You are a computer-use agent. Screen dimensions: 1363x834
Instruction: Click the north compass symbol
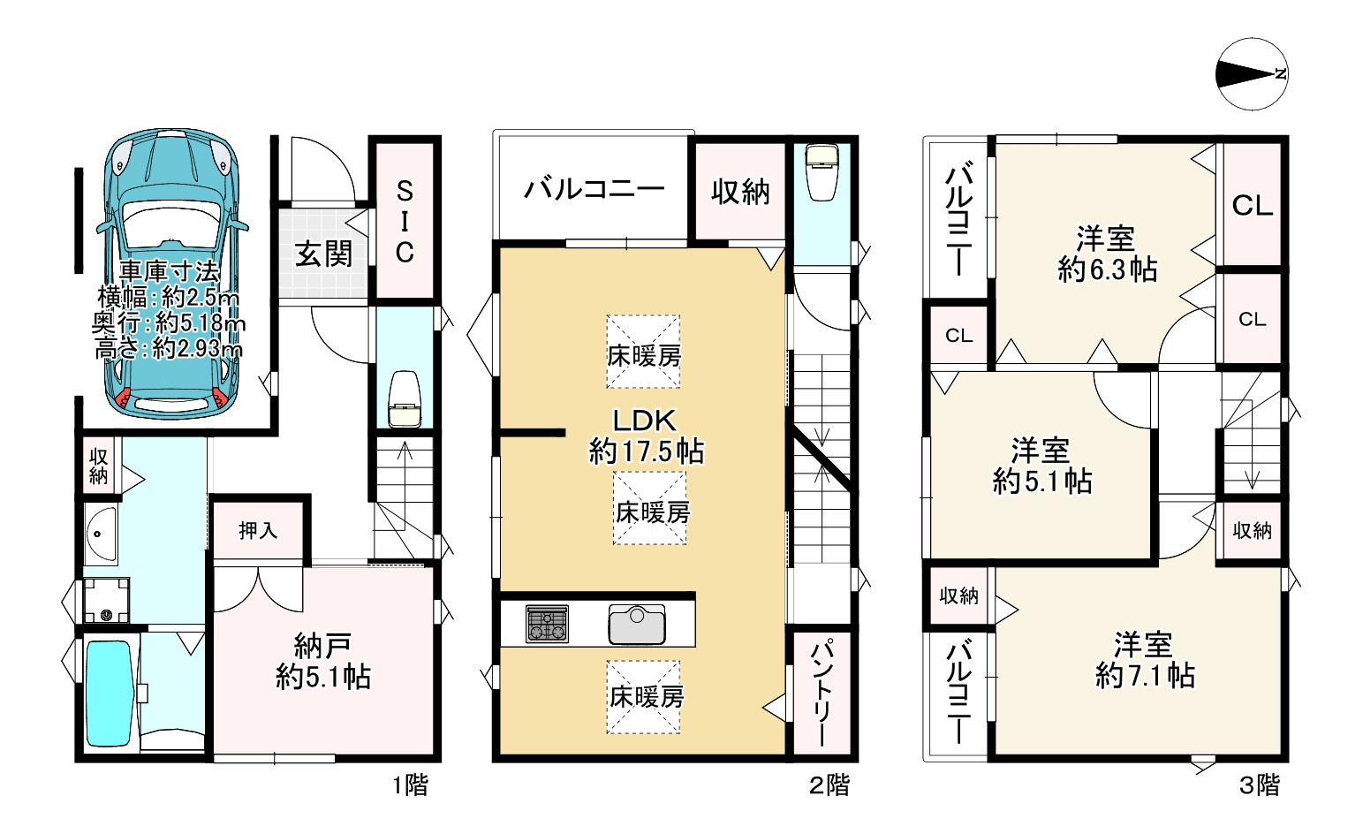tap(1252, 74)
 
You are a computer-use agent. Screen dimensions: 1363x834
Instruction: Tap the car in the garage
tap(171, 273)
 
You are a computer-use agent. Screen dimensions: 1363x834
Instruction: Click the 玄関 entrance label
tap(323, 254)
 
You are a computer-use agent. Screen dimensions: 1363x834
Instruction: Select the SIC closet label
tap(405, 222)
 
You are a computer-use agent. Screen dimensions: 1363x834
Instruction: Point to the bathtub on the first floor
tap(110, 694)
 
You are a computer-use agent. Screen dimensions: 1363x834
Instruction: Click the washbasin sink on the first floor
tap(101, 534)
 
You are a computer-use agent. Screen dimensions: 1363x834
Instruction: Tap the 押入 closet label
tap(258, 531)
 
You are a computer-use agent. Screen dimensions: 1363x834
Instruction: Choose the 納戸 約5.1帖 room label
tap(323, 661)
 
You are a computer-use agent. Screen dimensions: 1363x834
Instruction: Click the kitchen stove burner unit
tap(547, 624)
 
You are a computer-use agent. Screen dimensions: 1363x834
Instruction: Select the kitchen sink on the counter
tap(637, 625)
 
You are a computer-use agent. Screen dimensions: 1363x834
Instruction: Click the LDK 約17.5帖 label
tap(646, 436)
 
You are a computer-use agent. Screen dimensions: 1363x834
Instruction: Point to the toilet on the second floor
tap(822, 171)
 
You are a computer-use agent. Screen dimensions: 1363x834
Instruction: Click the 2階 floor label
tap(829, 785)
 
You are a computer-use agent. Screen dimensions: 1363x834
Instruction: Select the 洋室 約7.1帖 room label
tap(1145, 661)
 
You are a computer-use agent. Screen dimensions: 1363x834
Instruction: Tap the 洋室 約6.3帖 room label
tap(1107, 254)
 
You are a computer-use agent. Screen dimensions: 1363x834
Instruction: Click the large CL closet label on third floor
tap(1253, 207)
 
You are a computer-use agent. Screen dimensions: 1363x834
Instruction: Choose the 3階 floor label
tap(1260, 785)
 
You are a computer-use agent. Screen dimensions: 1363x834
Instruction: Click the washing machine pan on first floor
tap(107, 600)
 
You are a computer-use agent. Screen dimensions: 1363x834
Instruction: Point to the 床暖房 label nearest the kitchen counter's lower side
tap(647, 697)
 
